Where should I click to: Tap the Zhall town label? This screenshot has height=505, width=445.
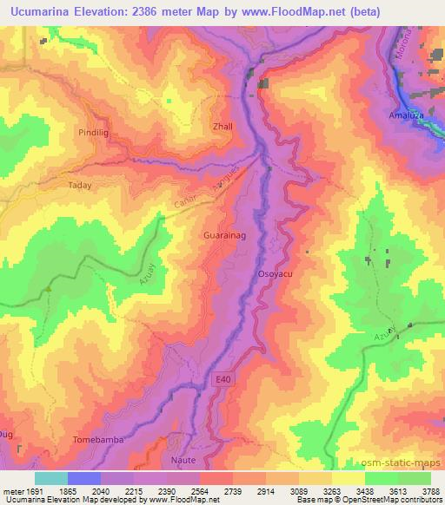tap(223, 126)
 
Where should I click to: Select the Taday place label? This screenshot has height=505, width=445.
tap(79, 185)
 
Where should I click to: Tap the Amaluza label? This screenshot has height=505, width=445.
tap(407, 115)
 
